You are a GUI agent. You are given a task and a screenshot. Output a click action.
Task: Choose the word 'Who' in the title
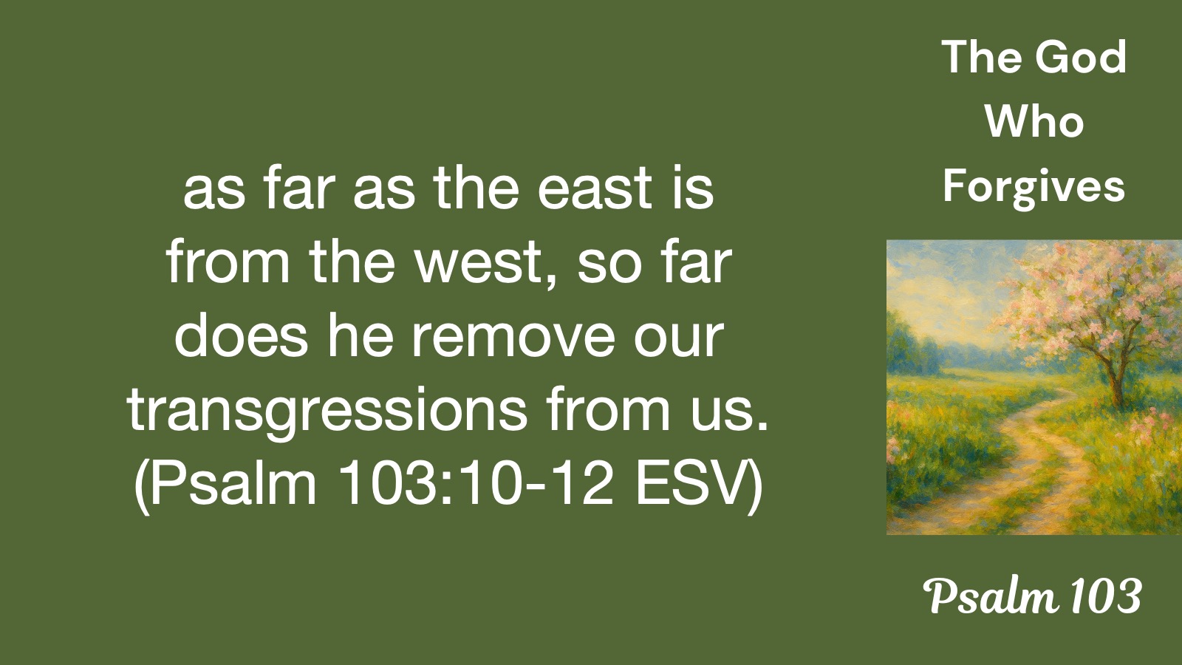tap(1034, 122)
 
